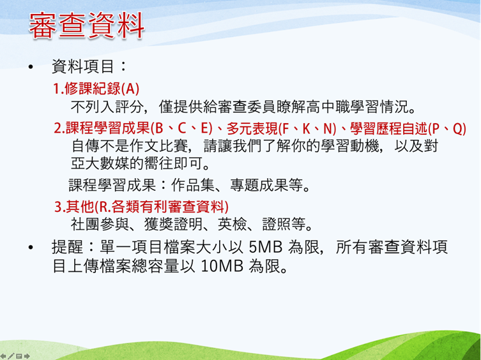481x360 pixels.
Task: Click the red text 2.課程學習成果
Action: click(98, 128)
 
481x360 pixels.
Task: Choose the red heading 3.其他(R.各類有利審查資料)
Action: click(141, 207)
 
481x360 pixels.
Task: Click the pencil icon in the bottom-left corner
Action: click(11, 354)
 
